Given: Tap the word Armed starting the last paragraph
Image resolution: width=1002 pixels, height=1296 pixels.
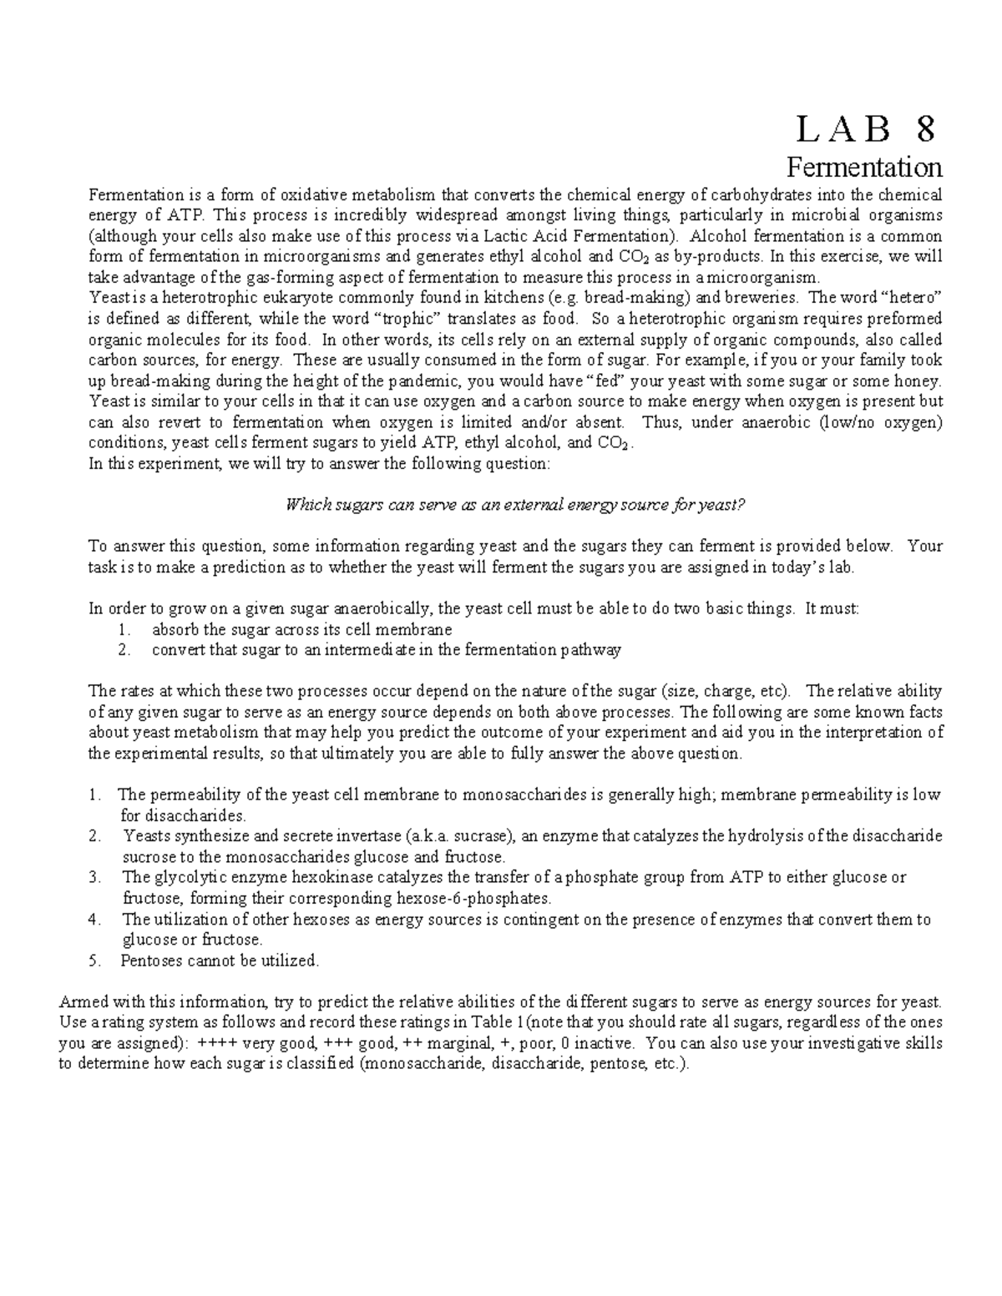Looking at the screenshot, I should point(80,1001).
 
